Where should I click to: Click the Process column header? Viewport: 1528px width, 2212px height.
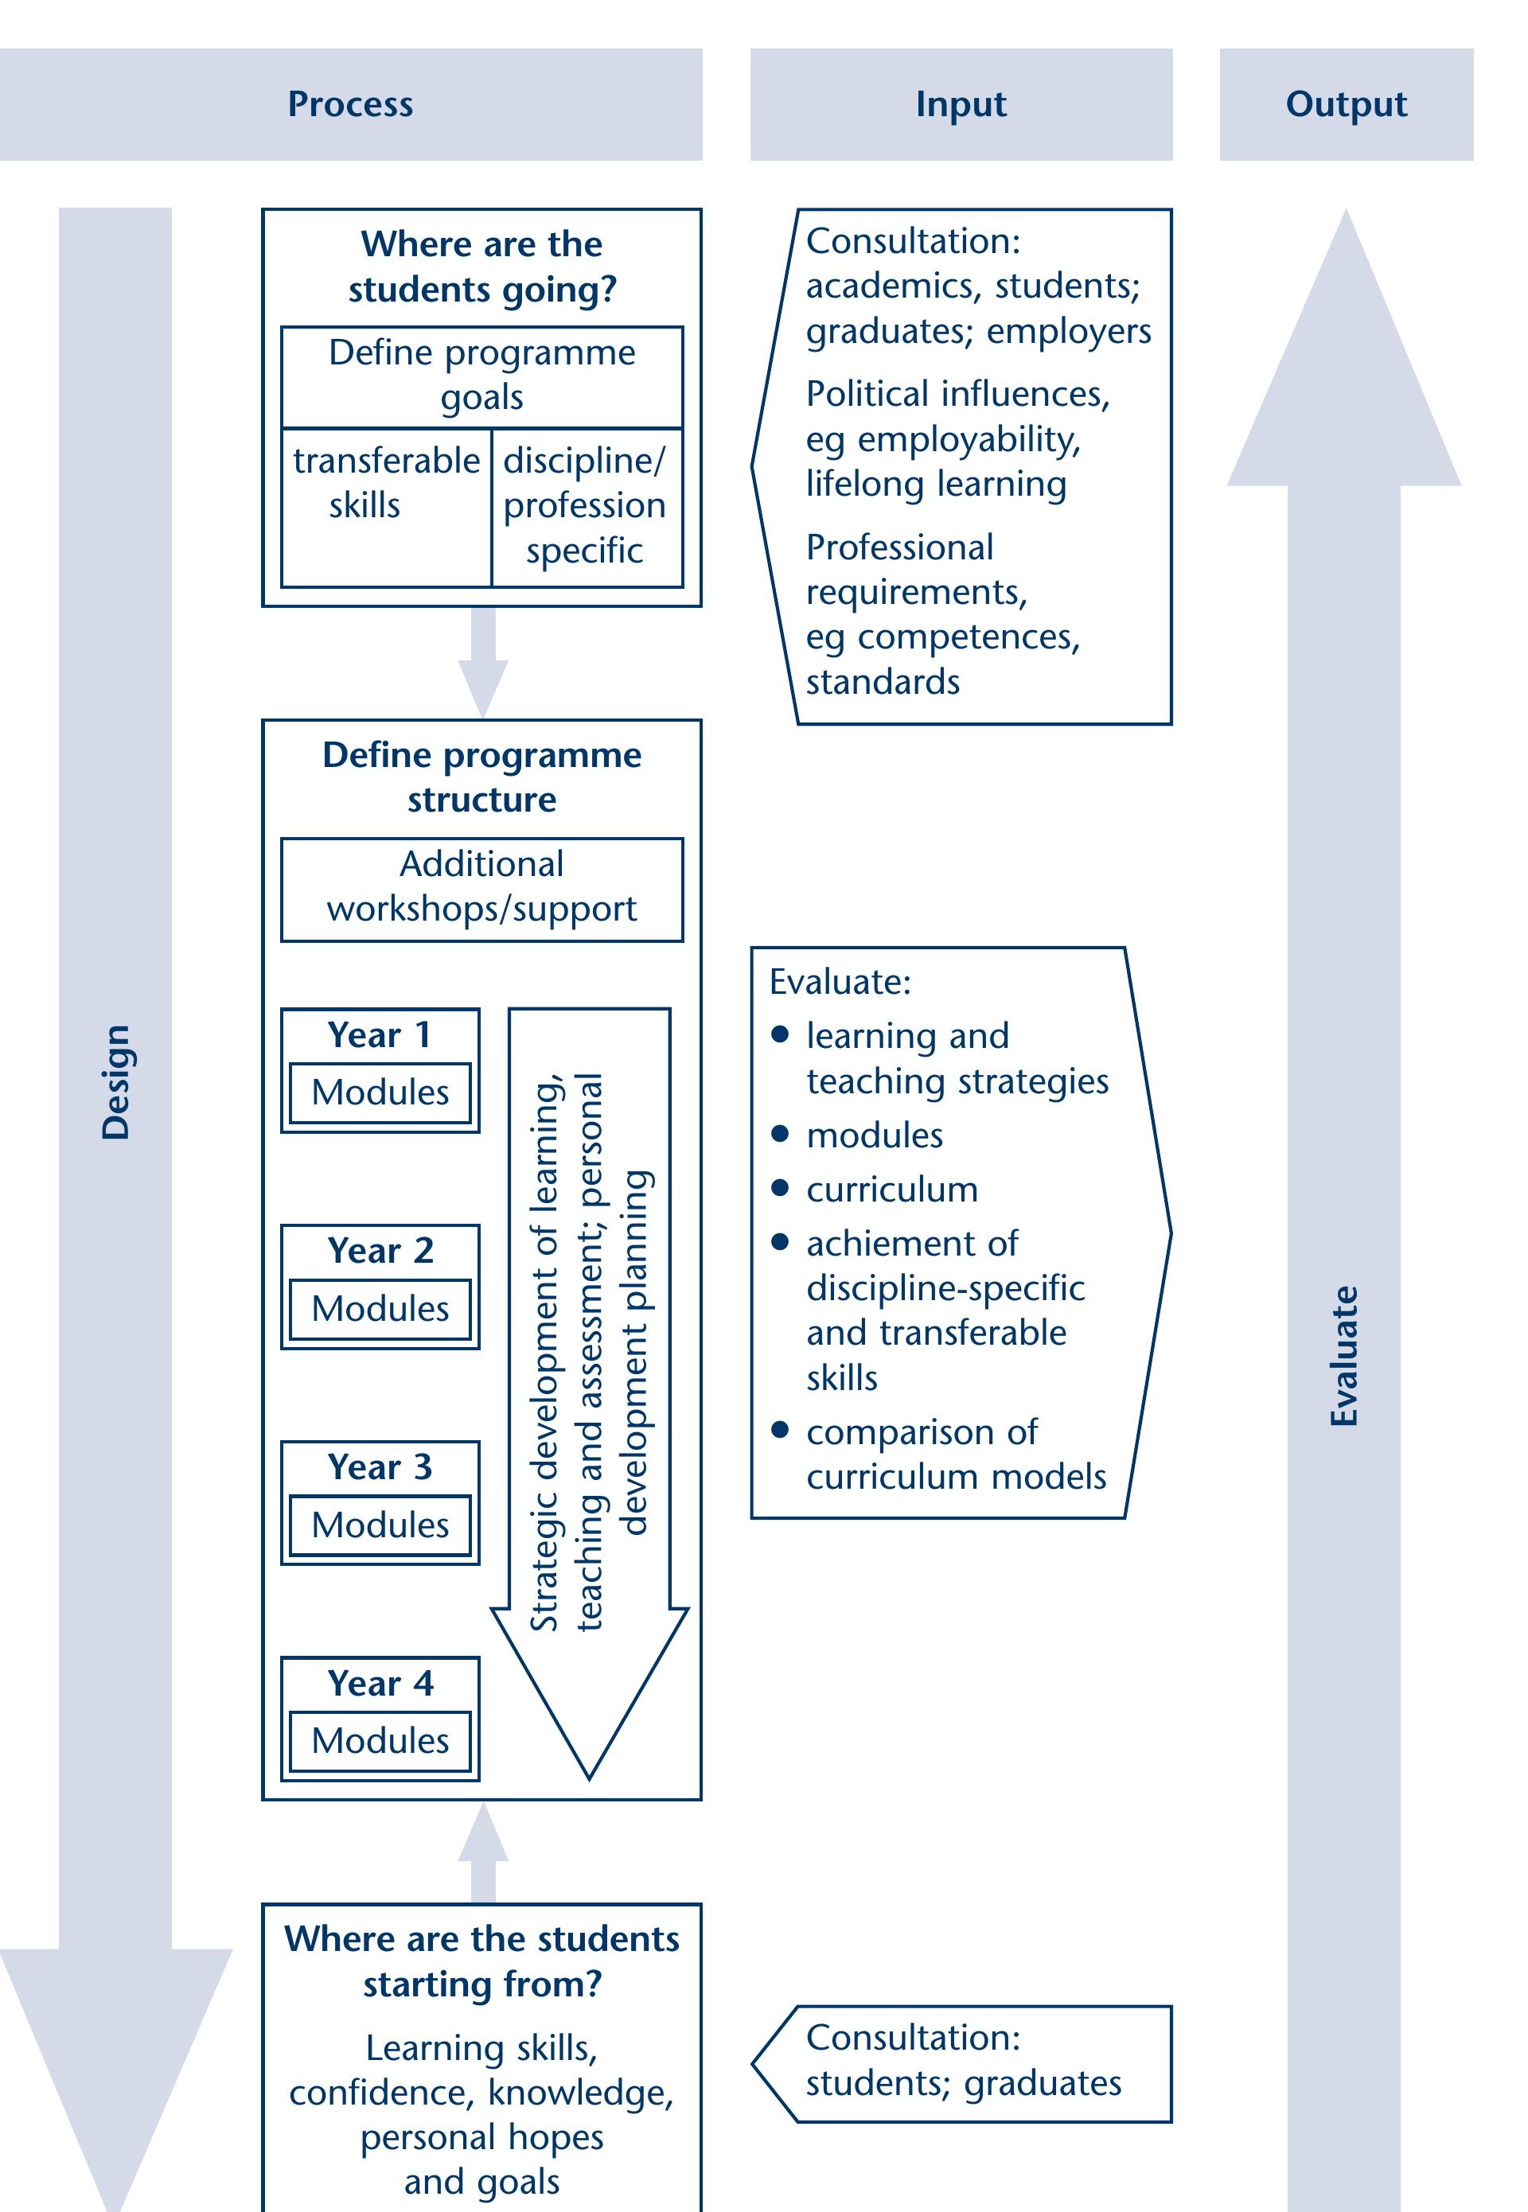pyautogui.click(x=350, y=104)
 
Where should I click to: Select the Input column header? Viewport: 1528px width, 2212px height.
pyautogui.click(x=961, y=104)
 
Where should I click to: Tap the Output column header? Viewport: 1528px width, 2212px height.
pyautogui.click(x=1345, y=104)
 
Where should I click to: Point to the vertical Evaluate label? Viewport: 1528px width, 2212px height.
pyautogui.click(x=1344, y=1355)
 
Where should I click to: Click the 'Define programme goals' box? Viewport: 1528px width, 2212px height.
pyautogui.click(x=481, y=376)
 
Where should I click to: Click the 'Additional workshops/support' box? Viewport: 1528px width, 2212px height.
pyautogui.click(x=481, y=887)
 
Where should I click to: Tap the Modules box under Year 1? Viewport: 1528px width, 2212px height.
pyautogui.click(x=380, y=1092)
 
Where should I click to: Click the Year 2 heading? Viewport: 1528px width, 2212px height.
pyautogui.click(x=380, y=1250)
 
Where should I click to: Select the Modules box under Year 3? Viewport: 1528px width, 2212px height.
pyautogui.click(x=380, y=1525)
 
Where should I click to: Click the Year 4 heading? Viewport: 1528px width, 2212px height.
pyautogui.click(x=380, y=1683)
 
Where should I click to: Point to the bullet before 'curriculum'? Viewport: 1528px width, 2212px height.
pyautogui.click(x=780, y=1188)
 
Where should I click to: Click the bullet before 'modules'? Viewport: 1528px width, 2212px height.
pyautogui.click(x=780, y=1133)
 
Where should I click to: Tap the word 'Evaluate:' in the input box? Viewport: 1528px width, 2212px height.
pyautogui.click(x=840, y=982)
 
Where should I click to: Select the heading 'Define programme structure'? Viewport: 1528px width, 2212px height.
pyautogui.click(x=481, y=777)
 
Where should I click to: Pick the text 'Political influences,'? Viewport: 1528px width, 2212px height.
pyautogui.click(x=957, y=393)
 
